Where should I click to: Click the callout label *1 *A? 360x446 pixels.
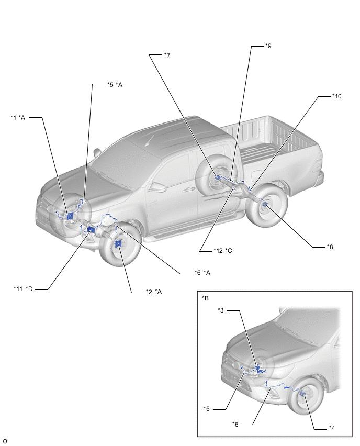click(x=18, y=117)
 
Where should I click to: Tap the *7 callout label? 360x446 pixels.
click(x=167, y=55)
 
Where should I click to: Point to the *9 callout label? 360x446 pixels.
click(x=268, y=46)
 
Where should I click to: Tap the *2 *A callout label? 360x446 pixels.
click(x=154, y=291)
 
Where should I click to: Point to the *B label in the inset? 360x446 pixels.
click(x=206, y=298)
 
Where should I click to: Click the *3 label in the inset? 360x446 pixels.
click(x=221, y=310)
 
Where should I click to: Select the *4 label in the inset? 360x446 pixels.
click(x=331, y=428)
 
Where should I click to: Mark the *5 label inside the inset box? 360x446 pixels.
click(x=207, y=408)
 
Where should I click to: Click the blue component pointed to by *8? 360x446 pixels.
click(x=264, y=205)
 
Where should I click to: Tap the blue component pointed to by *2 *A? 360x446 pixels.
click(x=118, y=244)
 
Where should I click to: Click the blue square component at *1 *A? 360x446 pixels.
click(x=70, y=216)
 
